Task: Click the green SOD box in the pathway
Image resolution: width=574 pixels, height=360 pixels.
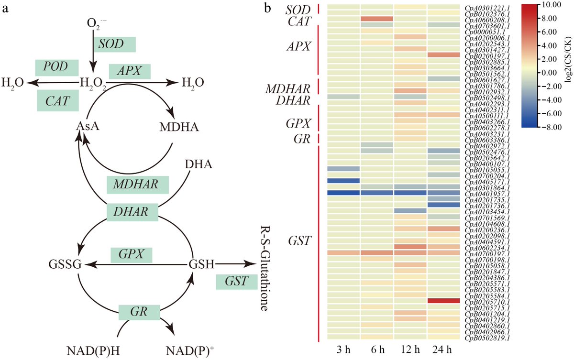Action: pos(115,44)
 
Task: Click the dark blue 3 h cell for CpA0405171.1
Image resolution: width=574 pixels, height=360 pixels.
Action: pos(343,181)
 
